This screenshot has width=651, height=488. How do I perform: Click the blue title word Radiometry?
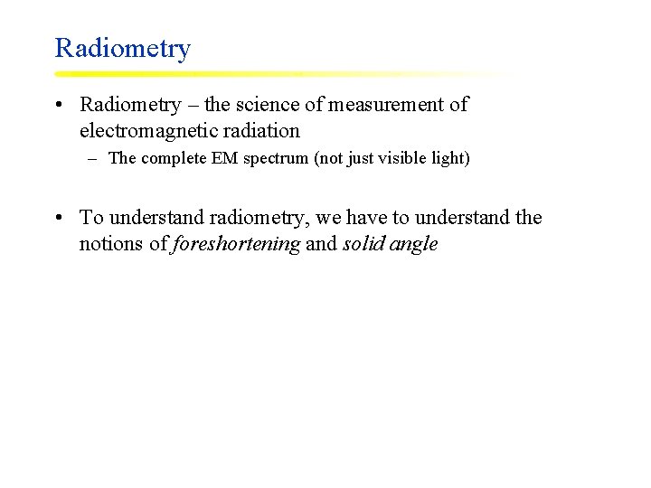click(122, 48)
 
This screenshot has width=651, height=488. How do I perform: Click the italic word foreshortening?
click(236, 244)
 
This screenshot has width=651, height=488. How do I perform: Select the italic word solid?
click(363, 244)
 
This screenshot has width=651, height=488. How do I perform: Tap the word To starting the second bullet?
click(91, 218)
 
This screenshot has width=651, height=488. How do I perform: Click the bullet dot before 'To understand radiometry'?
click(58, 218)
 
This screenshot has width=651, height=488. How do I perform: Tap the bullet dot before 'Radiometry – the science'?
click(58, 105)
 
